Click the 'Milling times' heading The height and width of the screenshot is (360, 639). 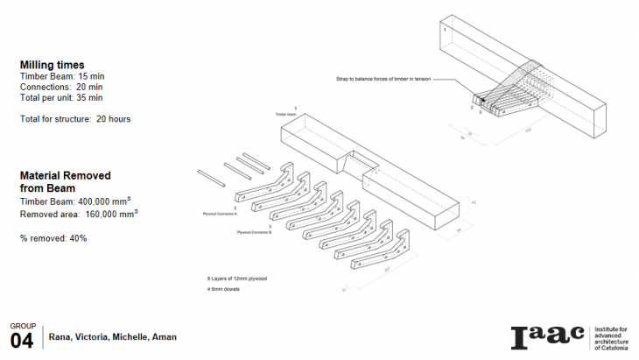click(52, 65)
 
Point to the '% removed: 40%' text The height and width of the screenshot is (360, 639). click(53, 238)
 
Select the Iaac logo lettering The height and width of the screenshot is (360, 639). click(547, 336)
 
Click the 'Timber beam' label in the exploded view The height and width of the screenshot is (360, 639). click(287, 114)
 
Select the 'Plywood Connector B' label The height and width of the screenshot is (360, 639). click(255, 232)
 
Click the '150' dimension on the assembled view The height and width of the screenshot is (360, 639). click(529, 130)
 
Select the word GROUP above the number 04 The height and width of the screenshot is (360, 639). click(23, 326)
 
